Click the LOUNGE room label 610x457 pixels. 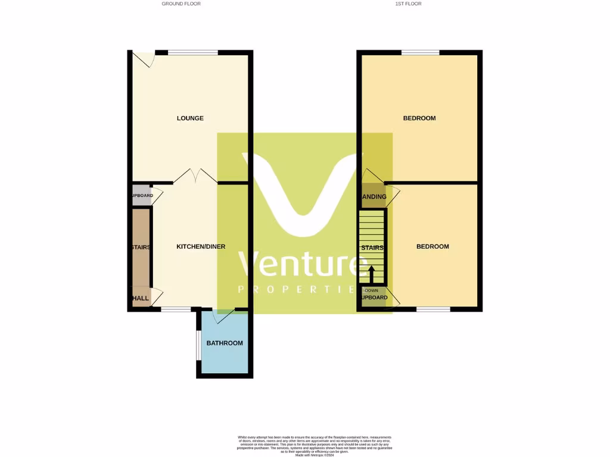pyautogui.click(x=190, y=118)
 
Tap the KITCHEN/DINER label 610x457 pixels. pyautogui.click(x=201, y=246)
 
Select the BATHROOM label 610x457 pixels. pyautogui.click(x=225, y=343)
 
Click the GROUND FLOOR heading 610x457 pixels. pyautogui.click(x=181, y=4)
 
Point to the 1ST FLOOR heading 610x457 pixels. pyautogui.click(x=408, y=4)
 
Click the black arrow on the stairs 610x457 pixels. pyautogui.click(x=371, y=274)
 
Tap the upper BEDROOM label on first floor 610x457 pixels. pyautogui.click(x=419, y=118)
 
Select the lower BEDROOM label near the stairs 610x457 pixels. pyautogui.click(x=432, y=246)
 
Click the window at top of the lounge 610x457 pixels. pyautogui.click(x=192, y=53)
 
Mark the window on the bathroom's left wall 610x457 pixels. pyautogui.click(x=198, y=345)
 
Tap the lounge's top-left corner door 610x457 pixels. pyautogui.click(x=144, y=58)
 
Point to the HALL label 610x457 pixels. pyautogui.click(x=141, y=298)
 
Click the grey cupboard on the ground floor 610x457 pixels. pyautogui.click(x=141, y=196)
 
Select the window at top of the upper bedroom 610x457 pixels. pyautogui.click(x=421, y=53)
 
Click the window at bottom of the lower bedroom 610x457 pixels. pyautogui.click(x=433, y=309)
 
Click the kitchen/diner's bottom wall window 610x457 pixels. pyautogui.click(x=176, y=309)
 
